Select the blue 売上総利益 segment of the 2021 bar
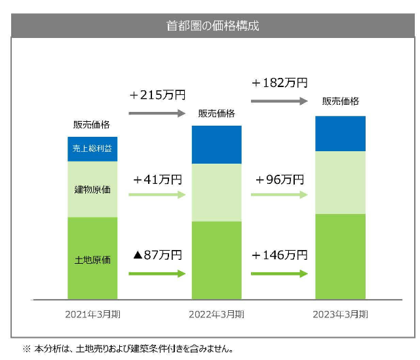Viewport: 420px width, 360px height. click(92, 149)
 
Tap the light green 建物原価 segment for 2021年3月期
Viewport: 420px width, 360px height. click(92, 189)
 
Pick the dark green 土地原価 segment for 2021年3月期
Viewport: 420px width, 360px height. click(92, 259)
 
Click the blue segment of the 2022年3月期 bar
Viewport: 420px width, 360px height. click(216, 145)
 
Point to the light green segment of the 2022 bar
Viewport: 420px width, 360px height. click(216, 192)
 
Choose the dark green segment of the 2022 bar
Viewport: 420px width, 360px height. click(216, 261)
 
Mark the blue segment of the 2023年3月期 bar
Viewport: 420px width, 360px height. click(341, 134)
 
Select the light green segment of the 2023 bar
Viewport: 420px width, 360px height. click(341, 183)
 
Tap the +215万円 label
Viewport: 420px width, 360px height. click(157, 96)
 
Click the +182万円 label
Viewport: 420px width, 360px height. click(279, 83)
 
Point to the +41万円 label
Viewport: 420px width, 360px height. click(157, 179)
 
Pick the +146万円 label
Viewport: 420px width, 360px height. click(279, 255)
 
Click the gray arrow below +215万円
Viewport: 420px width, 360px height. click(157, 113)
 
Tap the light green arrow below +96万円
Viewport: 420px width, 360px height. click(279, 195)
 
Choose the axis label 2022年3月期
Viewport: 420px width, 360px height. click(216, 314)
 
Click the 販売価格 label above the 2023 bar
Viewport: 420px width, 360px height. click(341, 101)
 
